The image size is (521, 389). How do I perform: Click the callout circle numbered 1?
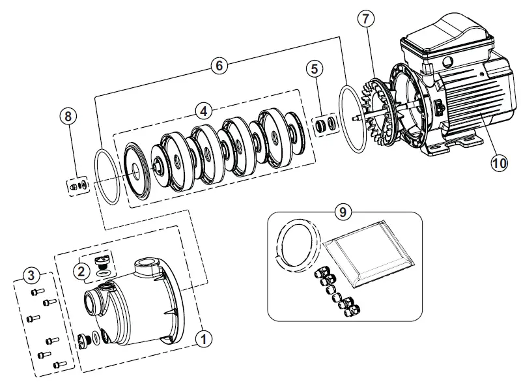coord(204,338)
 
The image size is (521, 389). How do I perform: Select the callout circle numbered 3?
coord(30,275)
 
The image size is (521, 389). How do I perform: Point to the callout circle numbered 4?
coord(204,111)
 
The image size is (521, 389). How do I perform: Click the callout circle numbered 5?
coord(316,68)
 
